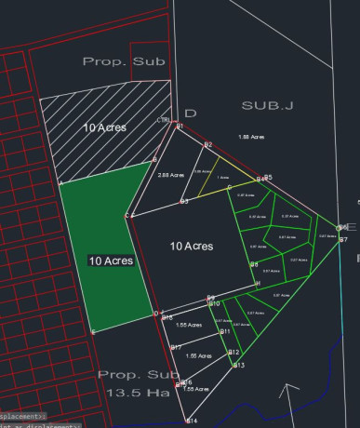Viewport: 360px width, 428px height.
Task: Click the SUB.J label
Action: (x=267, y=106)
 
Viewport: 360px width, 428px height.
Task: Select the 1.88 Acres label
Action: (x=251, y=137)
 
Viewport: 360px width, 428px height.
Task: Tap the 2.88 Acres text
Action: (x=169, y=175)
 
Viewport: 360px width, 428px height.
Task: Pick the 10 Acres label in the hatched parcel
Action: (x=104, y=127)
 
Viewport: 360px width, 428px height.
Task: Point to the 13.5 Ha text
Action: (x=131, y=392)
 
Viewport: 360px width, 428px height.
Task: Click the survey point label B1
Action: (x=180, y=127)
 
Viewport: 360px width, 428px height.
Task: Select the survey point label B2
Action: (x=209, y=145)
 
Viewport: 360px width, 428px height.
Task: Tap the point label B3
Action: (x=184, y=201)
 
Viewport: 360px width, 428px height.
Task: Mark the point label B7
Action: (x=343, y=241)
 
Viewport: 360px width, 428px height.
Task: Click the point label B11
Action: (x=225, y=331)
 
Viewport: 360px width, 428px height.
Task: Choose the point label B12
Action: (x=234, y=352)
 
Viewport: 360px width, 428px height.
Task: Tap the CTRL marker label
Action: (x=164, y=120)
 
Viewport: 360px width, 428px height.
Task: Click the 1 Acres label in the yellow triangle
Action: (x=222, y=177)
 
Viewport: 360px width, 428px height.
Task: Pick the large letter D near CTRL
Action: (x=190, y=114)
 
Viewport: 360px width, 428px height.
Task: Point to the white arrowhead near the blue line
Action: (x=292, y=389)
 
